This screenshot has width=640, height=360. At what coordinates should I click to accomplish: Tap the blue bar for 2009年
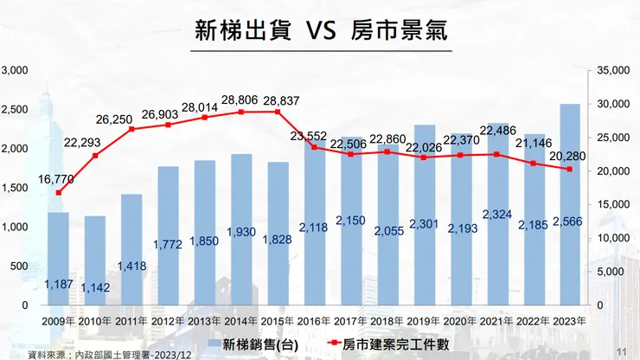point(59,260)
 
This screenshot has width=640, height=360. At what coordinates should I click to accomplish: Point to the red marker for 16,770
point(59,192)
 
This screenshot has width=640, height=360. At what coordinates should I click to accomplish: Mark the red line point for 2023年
point(570,170)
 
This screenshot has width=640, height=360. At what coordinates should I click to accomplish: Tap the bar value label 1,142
point(95,286)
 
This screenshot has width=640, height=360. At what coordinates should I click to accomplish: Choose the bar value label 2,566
point(569,222)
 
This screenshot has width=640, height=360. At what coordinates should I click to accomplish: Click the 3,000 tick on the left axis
point(15,70)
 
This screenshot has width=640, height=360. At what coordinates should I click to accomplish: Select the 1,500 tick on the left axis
point(15,188)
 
